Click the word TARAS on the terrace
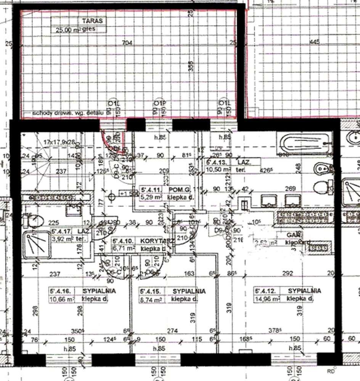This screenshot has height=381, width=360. (88, 21)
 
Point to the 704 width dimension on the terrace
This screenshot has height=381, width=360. (127, 43)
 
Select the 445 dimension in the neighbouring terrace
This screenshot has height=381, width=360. (315, 42)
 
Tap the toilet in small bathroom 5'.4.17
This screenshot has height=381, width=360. (36, 221)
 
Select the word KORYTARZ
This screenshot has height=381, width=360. (157, 241)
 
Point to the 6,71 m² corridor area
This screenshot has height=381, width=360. (124, 248)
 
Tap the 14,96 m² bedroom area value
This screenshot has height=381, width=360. (267, 299)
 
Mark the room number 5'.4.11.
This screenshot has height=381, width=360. (152, 189)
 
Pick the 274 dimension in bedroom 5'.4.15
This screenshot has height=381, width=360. (172, 331)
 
